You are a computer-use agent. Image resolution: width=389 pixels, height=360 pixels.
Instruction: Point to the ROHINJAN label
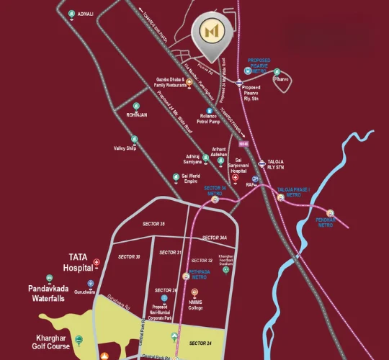point(137,114)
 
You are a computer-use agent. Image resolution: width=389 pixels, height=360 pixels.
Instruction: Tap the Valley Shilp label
point(125,148)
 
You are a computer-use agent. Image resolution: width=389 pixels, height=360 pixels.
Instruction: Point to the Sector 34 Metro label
point(214,190)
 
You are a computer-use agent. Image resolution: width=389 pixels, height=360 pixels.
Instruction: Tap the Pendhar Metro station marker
point(330,213)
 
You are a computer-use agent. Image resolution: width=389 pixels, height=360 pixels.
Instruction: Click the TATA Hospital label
point(78,261)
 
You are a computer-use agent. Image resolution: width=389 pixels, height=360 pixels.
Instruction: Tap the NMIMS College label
point(195,306)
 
